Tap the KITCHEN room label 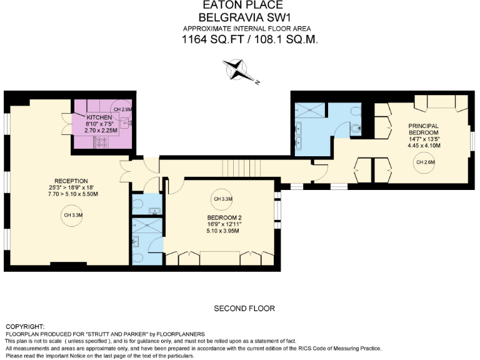(99, 117)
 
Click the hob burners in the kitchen (101, 143)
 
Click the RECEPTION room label (71, 181)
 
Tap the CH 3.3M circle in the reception (71, 216)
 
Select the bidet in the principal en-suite (356, 129)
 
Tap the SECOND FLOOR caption (244, 309)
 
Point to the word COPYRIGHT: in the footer (25, 327)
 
